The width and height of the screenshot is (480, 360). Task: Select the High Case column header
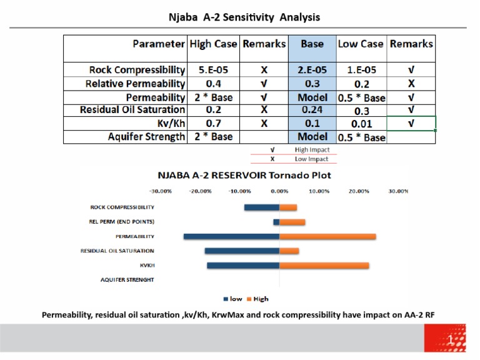[x=213, y=44]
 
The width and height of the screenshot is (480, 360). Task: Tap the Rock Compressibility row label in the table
[x=137, y=70]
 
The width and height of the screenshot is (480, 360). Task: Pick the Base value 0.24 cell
[x=312, y=110]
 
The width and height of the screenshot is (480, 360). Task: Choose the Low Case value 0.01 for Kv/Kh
[x=361, y=124]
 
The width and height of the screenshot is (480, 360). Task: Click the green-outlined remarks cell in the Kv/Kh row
[x=411, y=123]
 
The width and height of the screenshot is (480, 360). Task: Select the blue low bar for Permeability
[x=231, y=236]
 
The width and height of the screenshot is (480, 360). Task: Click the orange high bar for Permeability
[x=327, y=236]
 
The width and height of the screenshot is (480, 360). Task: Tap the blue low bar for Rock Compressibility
[x=261, y=207]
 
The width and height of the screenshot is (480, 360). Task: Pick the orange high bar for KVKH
[x=324, y=266]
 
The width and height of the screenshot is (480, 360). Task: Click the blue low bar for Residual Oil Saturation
[x=242, y=251]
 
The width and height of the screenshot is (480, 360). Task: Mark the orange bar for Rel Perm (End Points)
[x=292, y=222]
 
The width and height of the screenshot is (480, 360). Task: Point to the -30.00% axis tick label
[x=160, y=191]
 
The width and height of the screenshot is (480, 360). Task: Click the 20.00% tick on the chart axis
[x=359, y=191]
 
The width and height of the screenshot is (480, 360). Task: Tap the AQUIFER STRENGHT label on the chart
[x=127, y=279]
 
